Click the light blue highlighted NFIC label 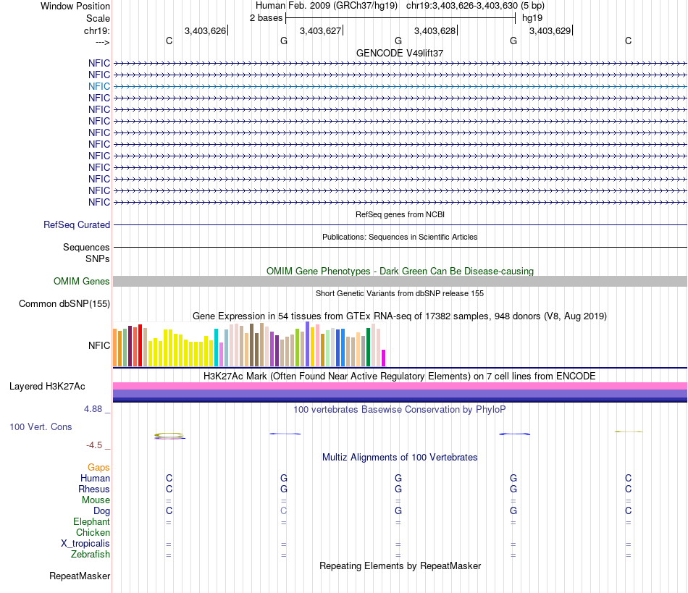pos(99,86)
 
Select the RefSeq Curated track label pos(77,225)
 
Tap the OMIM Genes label pos(82,282)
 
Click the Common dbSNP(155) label pos(64,304)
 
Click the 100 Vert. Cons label pos(41,427)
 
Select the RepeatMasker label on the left pos(80,576)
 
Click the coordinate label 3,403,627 pos(320,31)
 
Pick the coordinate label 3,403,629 pos(550,31)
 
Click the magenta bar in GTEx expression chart pos(384,358)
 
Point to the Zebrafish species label pos(91,555)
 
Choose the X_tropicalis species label pos(85,544)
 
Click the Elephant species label pos(91,522)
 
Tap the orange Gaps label pos(98,468)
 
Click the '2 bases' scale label pos(267,17)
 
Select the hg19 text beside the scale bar pos(532,17)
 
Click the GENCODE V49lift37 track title pos(400,53)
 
